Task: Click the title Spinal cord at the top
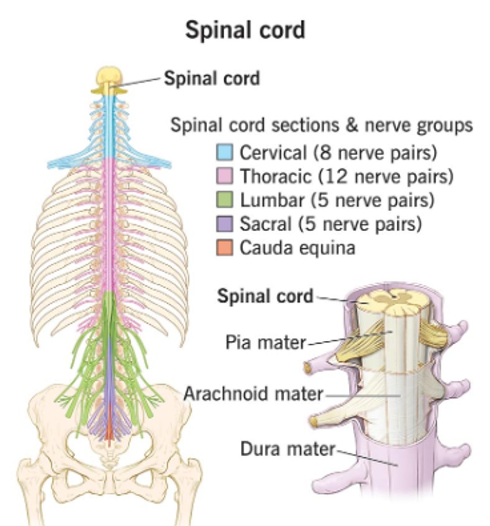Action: click(244, 30)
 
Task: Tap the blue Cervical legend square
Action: click(224, 153)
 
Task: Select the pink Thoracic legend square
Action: click(224, 176)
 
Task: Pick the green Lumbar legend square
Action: click(224, 200)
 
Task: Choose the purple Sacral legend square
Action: click(224, 224)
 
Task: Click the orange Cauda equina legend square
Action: click(224, 247)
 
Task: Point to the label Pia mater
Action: click(265, 343)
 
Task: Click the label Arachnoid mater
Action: click(253, 394)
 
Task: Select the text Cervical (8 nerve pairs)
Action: click(338, 153)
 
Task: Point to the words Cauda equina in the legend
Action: click(297, 247)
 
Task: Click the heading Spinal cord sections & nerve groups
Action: click(321, 125)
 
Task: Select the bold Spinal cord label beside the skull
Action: click(212, 78)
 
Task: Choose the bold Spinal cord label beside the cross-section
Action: click(265, 296)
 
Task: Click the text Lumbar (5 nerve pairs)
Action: click(337, 200)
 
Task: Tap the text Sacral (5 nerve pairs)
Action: click(330, 224)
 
